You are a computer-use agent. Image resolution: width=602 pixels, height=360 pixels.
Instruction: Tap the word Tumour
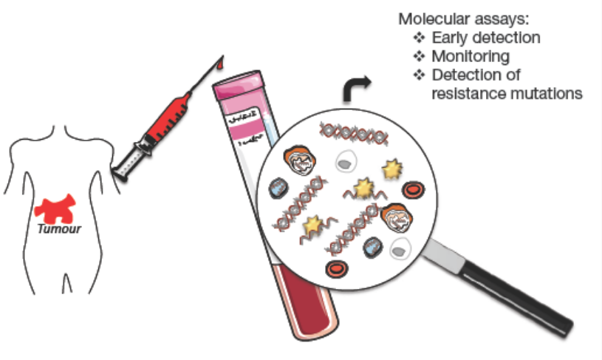(x=59, y=228)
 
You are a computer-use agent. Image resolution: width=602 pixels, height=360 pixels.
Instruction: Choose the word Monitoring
(x=471, y=57)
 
